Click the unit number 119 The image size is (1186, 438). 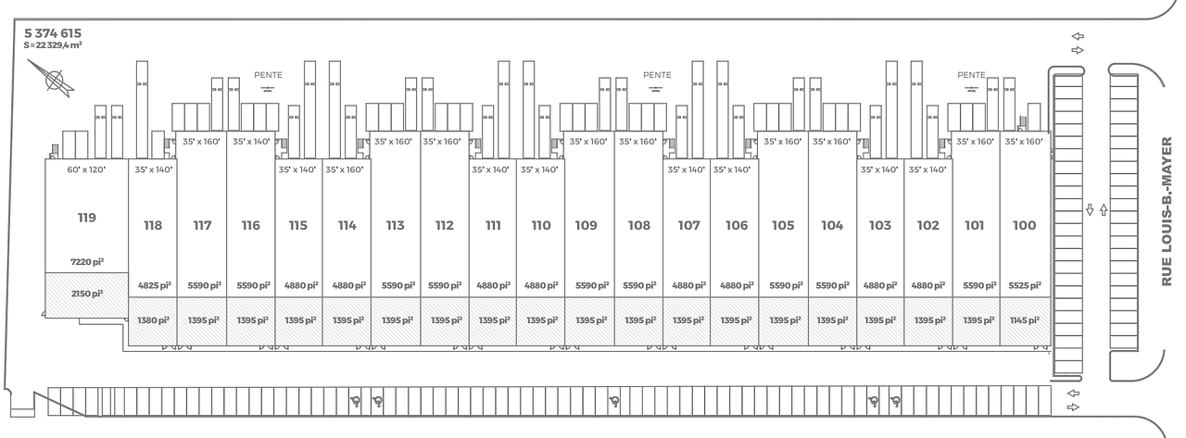87,218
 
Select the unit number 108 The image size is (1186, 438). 639,225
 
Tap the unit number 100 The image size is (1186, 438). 1024,225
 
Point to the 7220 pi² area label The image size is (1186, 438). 87,262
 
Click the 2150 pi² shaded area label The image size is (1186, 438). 87,294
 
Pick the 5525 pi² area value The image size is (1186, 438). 1025,285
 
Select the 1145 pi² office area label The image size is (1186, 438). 1025,320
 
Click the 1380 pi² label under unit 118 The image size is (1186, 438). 153,320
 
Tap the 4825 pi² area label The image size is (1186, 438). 154,285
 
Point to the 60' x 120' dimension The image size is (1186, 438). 86,169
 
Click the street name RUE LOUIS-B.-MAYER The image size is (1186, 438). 1167,212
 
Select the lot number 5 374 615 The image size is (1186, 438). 53,33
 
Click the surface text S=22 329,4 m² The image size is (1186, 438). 53,45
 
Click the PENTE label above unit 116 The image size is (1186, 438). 268,75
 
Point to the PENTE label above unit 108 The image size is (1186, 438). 657,75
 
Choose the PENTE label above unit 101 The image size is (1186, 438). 971,75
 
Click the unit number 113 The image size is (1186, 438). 395,225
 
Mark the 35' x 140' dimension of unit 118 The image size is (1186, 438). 154,169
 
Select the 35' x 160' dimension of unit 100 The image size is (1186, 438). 1024,142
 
